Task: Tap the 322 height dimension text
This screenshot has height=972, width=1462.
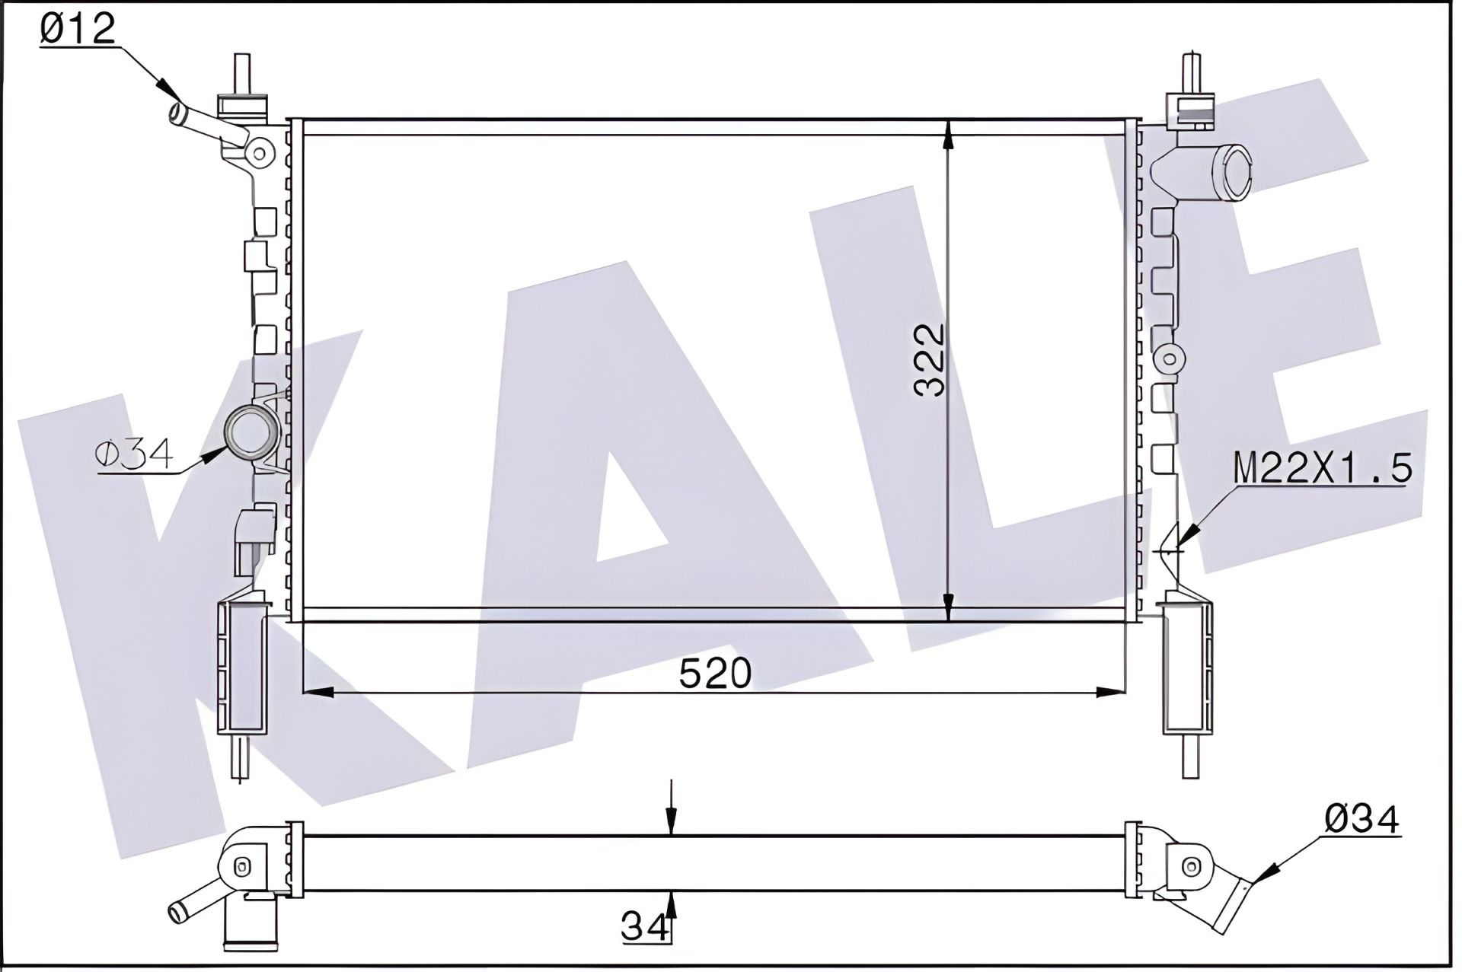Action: click(929, 360)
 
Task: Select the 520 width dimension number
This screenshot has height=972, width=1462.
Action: click(715, 673)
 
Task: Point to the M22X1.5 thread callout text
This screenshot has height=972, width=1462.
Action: click(1323, 466)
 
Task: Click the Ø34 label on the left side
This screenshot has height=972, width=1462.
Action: click(135, 454)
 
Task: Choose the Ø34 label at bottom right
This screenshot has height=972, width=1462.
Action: click(1361, 819)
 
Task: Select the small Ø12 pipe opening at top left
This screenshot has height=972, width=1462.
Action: click(180, 116)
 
